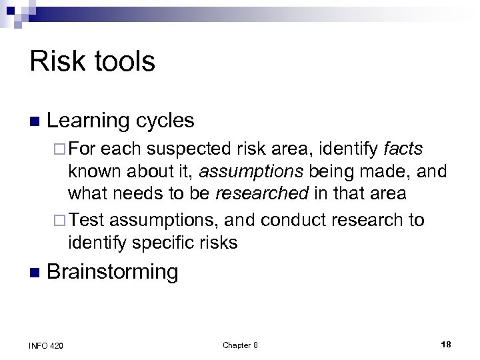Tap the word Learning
coord(89,121)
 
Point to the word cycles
coord(166,121)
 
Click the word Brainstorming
coord(113,271)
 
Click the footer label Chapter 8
coord(240,344)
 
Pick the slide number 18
coord(446,344)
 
